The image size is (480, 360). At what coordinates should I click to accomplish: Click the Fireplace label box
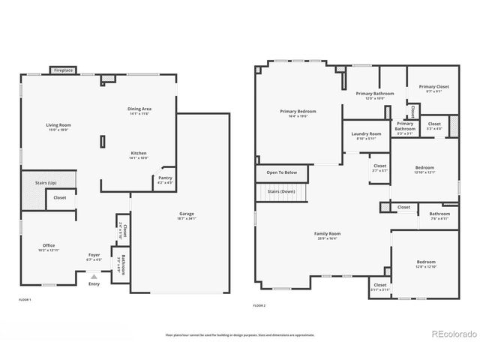[63, 70]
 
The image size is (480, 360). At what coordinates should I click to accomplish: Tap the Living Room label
[58, 127]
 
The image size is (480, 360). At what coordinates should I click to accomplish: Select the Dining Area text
[139, 110]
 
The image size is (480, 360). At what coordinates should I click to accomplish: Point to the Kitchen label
[139, 154]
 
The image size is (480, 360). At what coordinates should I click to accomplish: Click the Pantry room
[164, 180]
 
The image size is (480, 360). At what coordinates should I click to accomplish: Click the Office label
[48, 247]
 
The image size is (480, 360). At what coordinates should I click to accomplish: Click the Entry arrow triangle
[94, 276]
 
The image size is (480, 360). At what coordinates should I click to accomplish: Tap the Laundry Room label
[366, 135]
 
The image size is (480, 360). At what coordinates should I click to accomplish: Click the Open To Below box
[281, 172]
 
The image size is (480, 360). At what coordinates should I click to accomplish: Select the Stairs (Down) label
[283, 192]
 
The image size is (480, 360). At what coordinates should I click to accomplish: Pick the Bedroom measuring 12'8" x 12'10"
[424, 263]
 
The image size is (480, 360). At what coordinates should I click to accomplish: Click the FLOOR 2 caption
[259, 306]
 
